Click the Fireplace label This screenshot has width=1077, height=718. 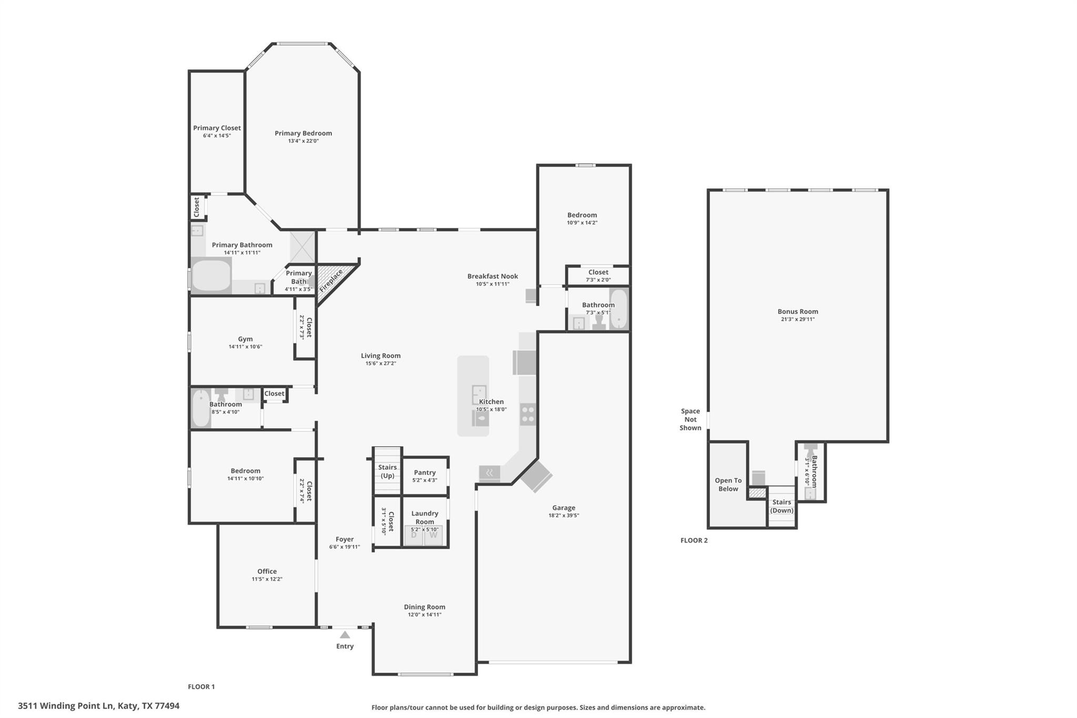click(x=331, y=280)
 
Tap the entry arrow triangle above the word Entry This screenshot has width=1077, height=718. click(x=345, y=635)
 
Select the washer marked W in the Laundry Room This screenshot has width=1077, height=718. click(x=433, y=535)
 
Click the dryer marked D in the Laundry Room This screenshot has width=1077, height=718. click(x=414, y=535)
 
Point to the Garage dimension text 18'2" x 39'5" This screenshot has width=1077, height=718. click(x=563, y=515)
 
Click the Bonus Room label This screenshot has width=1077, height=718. click(x=798, y=311)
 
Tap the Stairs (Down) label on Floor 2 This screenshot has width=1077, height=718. click(x=782, y=506)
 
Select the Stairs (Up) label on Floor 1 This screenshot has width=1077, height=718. click(x=388, y=471)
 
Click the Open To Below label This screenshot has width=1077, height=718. click(x=728, y=484)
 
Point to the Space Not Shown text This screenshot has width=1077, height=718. click(x=690, y=419)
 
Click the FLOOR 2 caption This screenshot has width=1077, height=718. click(x=694, y=540)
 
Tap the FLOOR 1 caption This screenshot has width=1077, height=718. click(x=201, y=686)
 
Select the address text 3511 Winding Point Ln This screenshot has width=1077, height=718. click(x=66, y=706)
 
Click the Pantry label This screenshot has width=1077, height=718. click(x=425, y=472)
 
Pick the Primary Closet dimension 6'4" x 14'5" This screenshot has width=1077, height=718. click(x=217, y=136)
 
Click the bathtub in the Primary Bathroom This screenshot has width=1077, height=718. click(x=211, y=275)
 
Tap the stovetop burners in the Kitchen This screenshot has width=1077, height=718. click(x=528, y=414)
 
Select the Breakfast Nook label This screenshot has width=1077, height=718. click(x=493, y=276)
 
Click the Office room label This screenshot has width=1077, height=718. click(x=267, y=571)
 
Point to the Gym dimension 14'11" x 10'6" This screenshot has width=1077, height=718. click(x=245, y=347)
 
